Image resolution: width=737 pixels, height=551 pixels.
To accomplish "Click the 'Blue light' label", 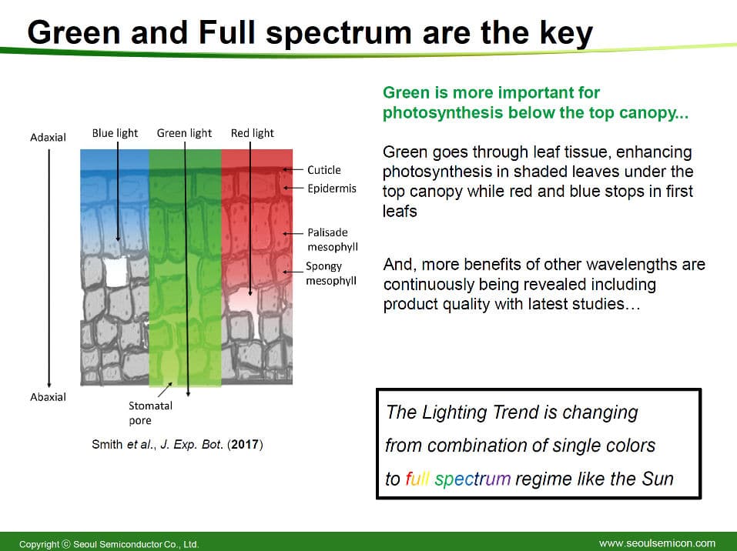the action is click(115, 133).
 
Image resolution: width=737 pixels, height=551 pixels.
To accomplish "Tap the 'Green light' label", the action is click(184, 133).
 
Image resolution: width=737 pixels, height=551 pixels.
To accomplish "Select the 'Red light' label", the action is click(252, 133).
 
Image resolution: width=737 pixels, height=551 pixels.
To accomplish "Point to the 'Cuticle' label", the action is click(324, 170).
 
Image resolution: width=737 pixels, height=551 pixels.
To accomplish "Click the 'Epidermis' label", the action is click(332, 189).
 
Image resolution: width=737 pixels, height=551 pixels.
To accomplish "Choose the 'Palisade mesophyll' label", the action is click(333, 239).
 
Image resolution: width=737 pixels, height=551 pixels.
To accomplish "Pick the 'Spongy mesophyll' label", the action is click(331, 273).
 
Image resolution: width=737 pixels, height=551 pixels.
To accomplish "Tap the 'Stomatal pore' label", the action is click(150, 413).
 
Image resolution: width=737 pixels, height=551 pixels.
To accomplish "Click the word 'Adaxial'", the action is click(48, 138).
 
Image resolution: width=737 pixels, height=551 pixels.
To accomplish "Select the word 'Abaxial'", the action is click(48, 397).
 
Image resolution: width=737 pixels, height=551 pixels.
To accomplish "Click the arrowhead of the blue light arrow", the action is click(118, 239).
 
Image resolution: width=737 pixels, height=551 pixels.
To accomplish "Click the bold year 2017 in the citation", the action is click(245, 444).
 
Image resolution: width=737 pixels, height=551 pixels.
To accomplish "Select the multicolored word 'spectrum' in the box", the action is click(472, 479).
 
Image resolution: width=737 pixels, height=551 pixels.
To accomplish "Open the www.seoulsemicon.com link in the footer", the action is click(657, 543).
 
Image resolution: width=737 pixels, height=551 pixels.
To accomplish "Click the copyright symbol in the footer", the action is click(65, 544).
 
